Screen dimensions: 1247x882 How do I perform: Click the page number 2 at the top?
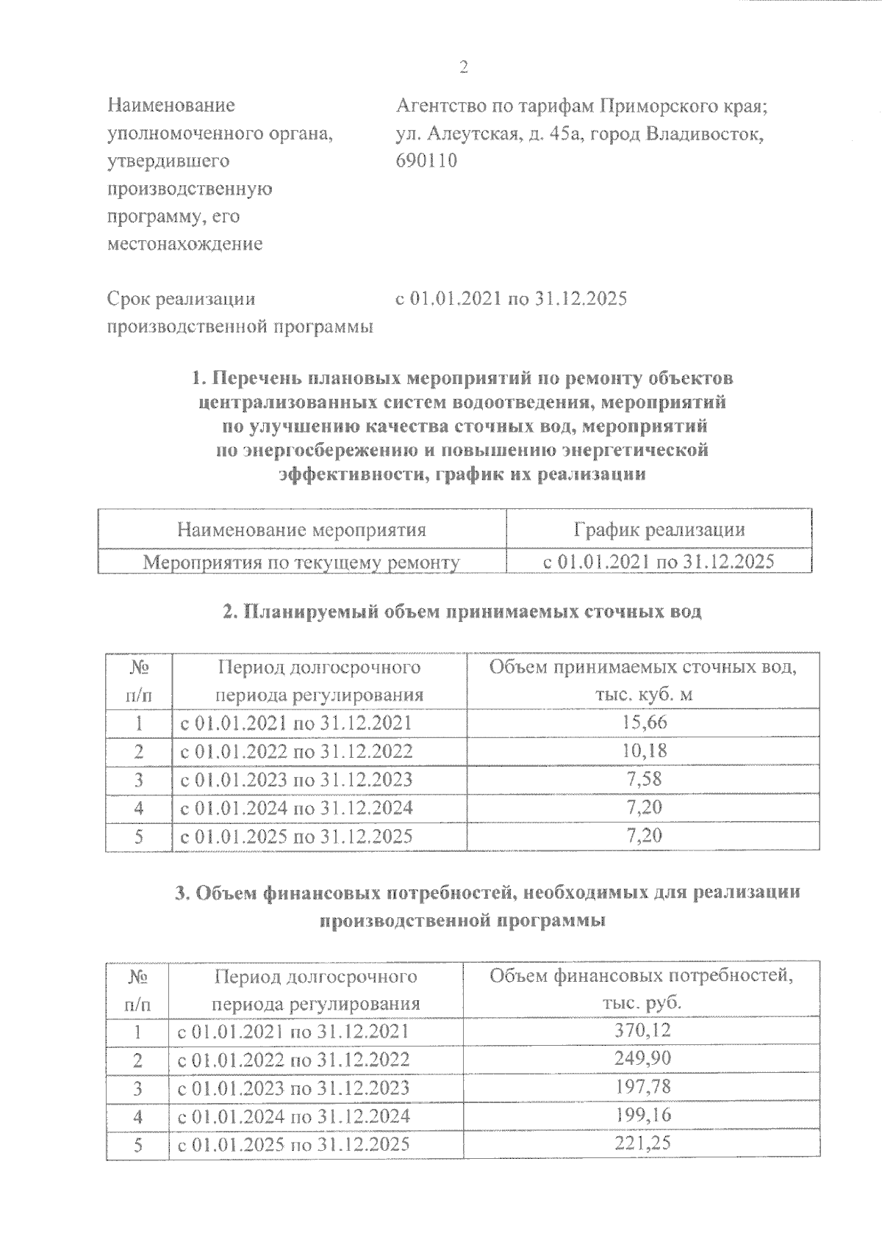pyautogui.click(x=463, y=68)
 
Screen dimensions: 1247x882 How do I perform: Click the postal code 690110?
pyautogui.click(x=426, y=161)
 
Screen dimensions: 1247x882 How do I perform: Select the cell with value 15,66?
pyautogui.click(x=644, y=723)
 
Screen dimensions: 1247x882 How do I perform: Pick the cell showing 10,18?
pyautogui.click(x=644, y=751)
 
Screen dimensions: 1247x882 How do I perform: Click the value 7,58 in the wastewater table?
pyautogui.click(x=644, y=779)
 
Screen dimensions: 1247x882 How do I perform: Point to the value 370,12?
pyautogui.click(x=642, y=1031)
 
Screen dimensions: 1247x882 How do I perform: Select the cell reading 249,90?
pyautogui.click(x=642, y=1059)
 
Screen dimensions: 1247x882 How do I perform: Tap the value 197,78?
pyautogui.click(x=642, y=1087)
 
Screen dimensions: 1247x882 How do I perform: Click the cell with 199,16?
pyautogui.click(x=642, y=1116)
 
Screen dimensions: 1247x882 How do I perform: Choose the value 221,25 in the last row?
pyautogui.click(x=642, y=1143)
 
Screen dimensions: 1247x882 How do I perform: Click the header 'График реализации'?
pyautogui.click(x=659, y=529)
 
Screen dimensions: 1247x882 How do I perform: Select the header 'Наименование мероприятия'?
pyautogui.click(x=301, y=529)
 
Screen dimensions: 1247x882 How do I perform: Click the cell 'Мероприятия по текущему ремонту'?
pyautogui.click(x=301, y=563)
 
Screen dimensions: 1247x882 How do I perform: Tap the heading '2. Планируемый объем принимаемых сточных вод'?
pyautogui.click(x=462, y=612)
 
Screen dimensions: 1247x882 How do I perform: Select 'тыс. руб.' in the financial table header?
pyautogui.click(x=642, y=1004)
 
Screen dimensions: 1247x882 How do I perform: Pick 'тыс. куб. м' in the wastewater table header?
pyautogui.click(x=644, y=695)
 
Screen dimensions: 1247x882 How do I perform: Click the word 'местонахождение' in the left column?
pyautogui.click(x=184, y=244)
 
